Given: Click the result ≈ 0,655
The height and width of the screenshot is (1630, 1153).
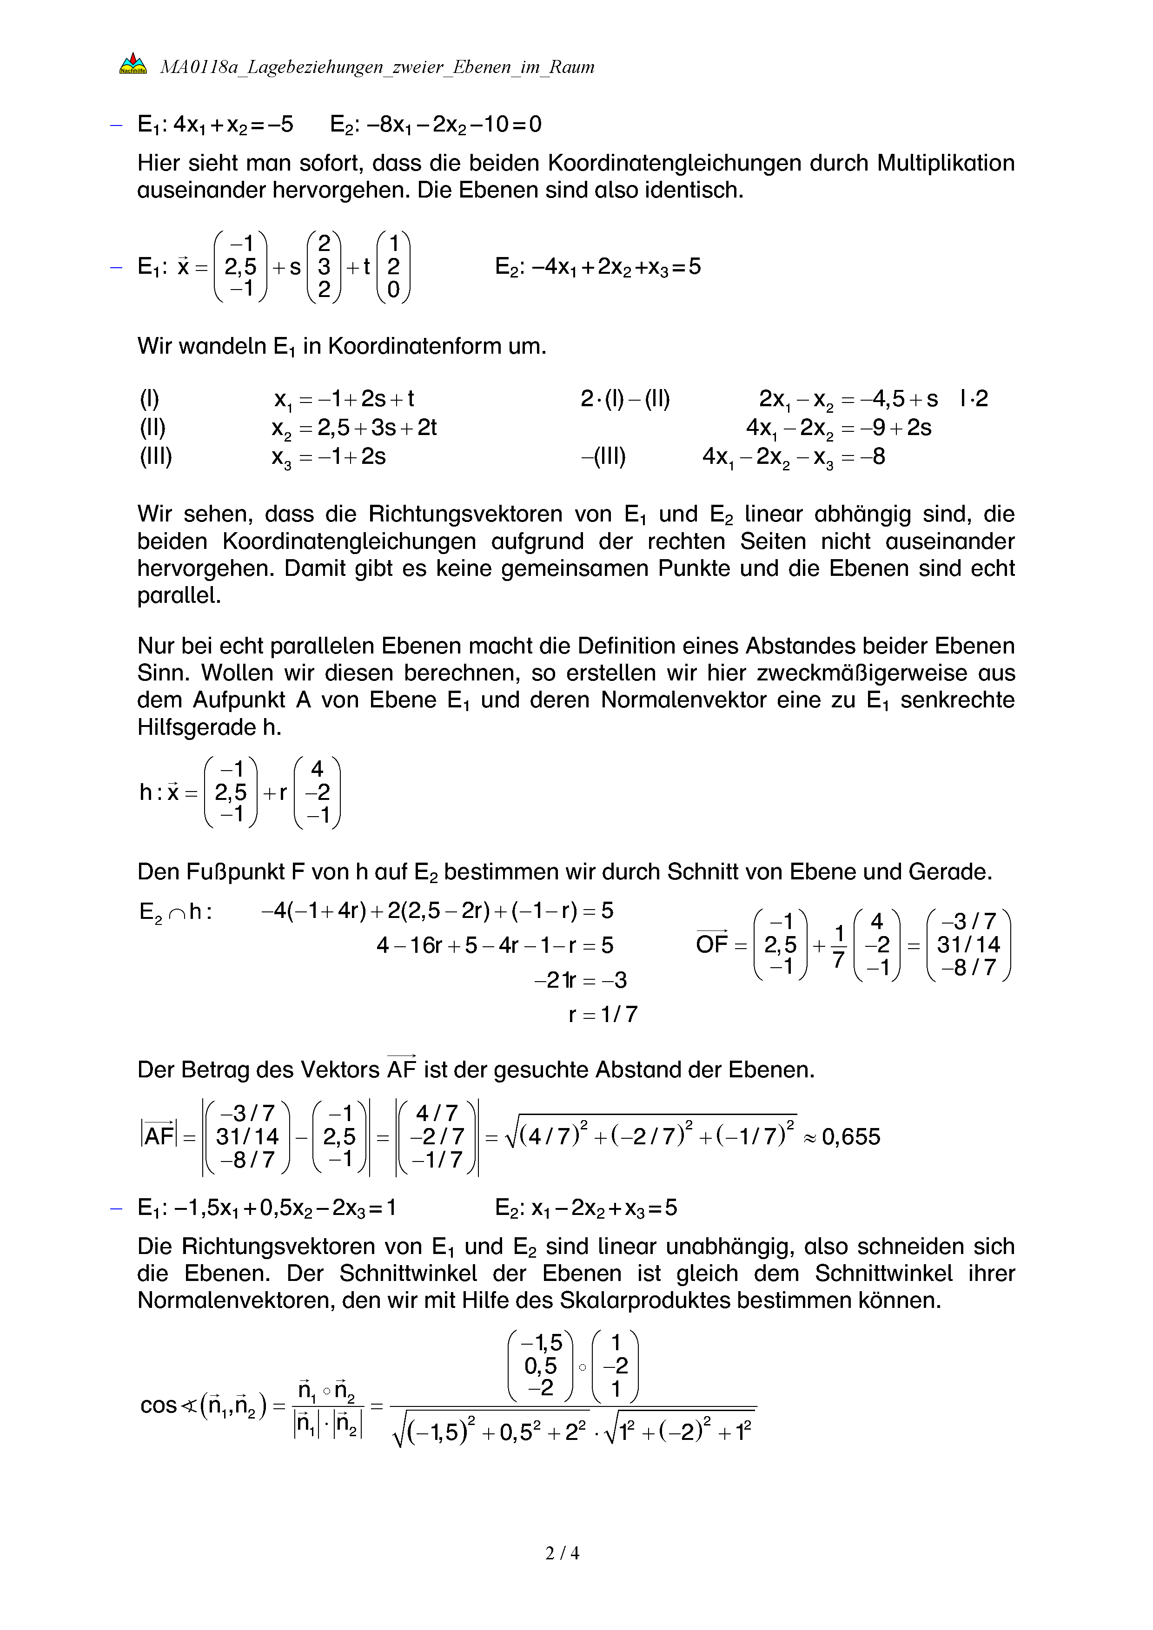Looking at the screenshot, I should click(x=842, y=1136).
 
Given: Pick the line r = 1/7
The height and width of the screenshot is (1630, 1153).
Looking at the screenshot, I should click(x=603, y=1014).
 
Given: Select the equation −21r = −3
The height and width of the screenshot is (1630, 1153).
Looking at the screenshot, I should click(x=580, y=980).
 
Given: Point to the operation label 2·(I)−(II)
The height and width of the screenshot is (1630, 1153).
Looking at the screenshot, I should click(x=625, y=399).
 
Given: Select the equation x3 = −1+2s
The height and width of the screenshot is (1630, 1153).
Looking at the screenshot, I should click(x=328, y=456).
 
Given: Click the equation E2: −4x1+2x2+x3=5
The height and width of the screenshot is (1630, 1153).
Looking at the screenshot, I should click(x=598, y=267).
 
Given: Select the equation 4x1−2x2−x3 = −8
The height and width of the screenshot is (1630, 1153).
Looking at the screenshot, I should click(x=794, y=456).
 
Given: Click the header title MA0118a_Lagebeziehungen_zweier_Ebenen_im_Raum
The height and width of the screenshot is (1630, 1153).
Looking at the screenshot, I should click(x=377, y=67).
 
